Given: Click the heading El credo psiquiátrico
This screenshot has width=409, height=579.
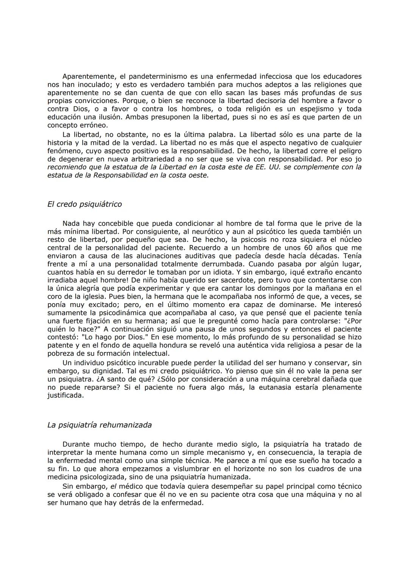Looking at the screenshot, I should [84, 204].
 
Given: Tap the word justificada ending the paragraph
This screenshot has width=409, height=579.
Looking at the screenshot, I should [65, 396].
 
